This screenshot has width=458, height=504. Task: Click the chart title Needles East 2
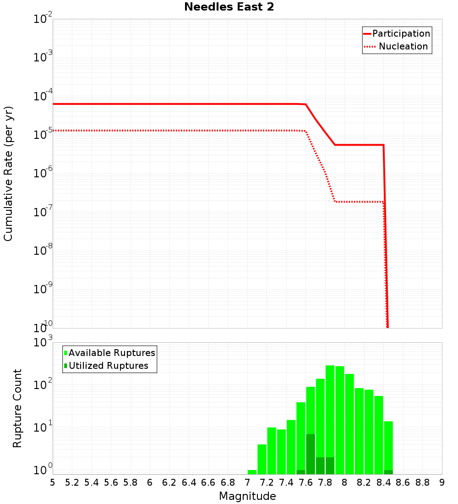229,7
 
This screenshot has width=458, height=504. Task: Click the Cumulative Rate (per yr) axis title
8,174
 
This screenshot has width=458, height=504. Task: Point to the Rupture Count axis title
17,408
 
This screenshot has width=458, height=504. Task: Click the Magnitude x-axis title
247,496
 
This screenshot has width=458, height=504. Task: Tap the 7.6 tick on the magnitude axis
306,482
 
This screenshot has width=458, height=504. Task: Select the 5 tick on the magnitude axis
53,482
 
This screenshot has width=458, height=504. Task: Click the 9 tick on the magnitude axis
442,482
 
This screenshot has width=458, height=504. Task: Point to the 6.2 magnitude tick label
169,482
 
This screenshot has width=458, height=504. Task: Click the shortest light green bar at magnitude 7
252,472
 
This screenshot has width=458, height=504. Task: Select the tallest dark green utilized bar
311,454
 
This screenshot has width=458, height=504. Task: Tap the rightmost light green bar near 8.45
388,447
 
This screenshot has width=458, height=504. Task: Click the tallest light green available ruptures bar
330,419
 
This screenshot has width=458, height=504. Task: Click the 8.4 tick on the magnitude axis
384,482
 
